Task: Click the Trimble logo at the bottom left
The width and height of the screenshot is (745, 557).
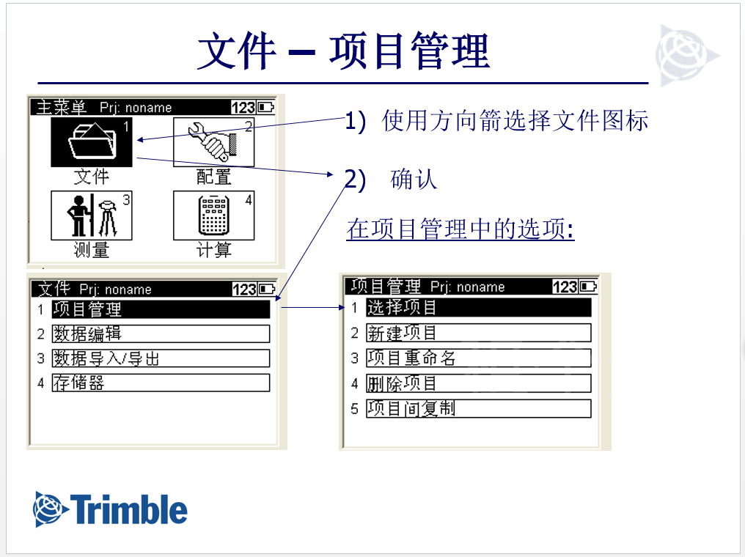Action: [110, 509]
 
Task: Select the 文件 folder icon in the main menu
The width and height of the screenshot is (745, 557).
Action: [92, 142]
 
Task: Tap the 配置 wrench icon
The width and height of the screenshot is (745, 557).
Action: [214, 142]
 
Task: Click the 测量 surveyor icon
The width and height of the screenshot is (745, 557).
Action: [92, 215]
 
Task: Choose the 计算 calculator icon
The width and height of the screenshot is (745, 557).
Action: [214, 215]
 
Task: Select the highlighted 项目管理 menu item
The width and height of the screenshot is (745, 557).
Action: [161, 309]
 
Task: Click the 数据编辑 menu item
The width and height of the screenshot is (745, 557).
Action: [161, 333]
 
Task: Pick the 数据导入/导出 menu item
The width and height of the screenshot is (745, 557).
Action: [161, 358]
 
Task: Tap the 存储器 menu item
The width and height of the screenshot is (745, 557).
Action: [161, 383]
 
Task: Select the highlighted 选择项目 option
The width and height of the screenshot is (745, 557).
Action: [478, 307]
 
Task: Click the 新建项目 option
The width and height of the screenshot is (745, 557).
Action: [478, 333]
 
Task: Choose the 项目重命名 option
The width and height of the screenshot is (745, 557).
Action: [478, 358]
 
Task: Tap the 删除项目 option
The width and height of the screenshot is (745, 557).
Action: [478, 383]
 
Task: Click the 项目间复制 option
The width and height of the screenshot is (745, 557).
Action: [478, 408]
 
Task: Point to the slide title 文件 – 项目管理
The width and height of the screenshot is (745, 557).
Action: [343, 51]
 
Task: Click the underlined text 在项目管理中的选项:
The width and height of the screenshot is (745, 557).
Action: [460, 229]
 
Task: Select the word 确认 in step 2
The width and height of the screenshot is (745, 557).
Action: [414, 180]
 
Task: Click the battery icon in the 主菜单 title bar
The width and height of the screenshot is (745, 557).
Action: [265, 107]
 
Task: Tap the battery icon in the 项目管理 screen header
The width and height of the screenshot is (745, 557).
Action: [588, 287]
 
